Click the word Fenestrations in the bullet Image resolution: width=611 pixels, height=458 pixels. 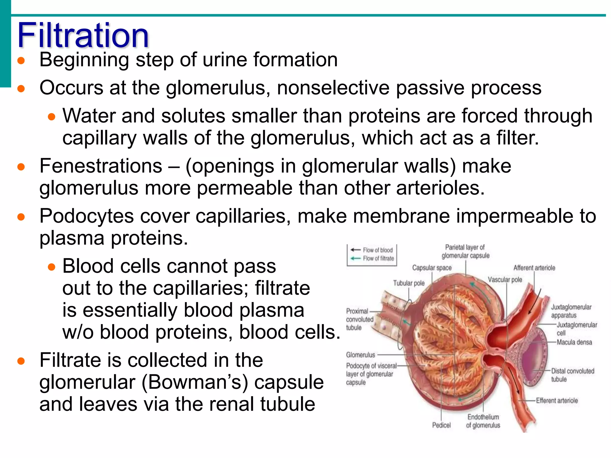coord(101,166)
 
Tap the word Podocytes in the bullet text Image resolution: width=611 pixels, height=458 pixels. coord(87,216)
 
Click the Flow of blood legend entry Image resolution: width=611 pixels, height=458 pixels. coord(377,250)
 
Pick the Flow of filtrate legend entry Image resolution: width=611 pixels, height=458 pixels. coord(378,259)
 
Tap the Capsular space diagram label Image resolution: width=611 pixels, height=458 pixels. coord(432,268)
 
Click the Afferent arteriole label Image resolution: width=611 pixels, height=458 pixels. coord(534,268)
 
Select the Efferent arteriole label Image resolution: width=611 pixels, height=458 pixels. coord(557,400)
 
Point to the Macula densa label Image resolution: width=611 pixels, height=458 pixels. coord(574,342)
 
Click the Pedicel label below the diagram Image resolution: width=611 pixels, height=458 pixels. coord(442,425)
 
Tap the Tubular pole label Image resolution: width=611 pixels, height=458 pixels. coord(409,283)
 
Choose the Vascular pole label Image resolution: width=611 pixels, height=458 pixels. coord(505,280)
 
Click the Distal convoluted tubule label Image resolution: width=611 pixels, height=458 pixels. coord(572,375)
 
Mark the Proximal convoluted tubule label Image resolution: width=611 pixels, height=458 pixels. coord(359,319)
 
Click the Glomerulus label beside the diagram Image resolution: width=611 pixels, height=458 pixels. coord(360,355)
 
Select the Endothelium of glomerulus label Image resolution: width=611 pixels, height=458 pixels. coord(483,421)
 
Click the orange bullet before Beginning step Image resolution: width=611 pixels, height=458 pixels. coord(21,61)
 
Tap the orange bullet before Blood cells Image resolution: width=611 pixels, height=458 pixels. coord(52,267)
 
